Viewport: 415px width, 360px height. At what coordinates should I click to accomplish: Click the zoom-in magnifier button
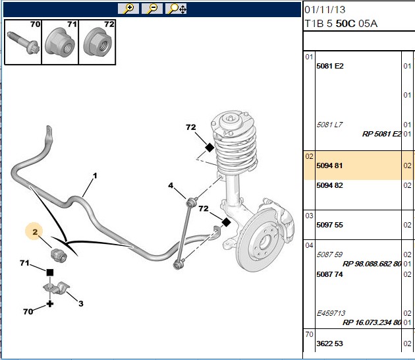(128, 9)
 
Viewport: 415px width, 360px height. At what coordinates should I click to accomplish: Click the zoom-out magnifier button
(152, 9)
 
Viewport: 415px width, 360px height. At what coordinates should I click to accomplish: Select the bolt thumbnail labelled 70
(23, 42)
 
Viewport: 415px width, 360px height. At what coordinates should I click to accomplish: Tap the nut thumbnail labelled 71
(60, 42)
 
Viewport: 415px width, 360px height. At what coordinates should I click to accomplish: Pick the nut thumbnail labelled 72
(97, 42)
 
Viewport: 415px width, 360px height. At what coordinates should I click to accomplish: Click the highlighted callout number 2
(35, 232)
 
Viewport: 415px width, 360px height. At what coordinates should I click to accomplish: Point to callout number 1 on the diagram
(95, 175)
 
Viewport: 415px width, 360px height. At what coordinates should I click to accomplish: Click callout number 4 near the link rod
(171, 185)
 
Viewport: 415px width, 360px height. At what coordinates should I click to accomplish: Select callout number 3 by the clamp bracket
(81, 303)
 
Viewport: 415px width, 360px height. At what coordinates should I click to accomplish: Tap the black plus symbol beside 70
(50, 304)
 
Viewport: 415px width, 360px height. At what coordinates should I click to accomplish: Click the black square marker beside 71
(50, 272)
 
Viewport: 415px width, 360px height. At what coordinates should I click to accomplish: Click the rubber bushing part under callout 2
(59, 255)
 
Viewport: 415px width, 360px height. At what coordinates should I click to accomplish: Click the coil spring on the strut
(236, 148)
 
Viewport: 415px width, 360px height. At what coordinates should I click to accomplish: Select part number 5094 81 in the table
(329, 166)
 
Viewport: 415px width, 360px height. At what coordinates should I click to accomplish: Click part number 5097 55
(329, 225)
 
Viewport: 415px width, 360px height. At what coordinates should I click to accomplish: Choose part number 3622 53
(329, 344)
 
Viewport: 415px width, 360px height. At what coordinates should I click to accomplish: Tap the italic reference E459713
(331, 313)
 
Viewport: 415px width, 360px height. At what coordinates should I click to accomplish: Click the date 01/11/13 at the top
(325, 10)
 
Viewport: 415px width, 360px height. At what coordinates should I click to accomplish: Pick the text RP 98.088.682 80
(372, 264)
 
